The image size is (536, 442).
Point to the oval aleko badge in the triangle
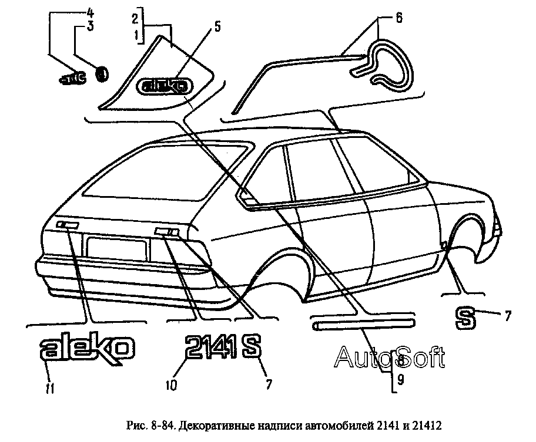165,87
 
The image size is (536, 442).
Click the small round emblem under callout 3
102,74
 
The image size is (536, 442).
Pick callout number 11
50,388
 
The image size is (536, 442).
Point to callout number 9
401,380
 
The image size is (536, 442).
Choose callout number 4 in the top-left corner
91,11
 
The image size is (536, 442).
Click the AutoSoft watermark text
389,356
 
